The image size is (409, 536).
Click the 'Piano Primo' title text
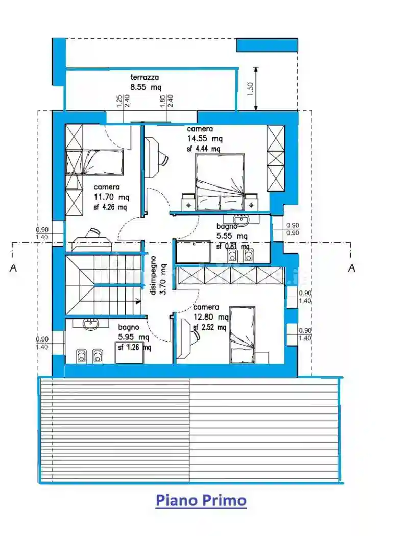pyautogui.click(x=201, y=500)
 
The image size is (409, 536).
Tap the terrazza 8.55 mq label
pyautogui.click(x=145, y=82)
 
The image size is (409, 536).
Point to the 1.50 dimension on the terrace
pyautogui.click(x=250, y=89)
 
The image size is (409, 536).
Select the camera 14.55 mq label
pyautogui.click(x=204, y=134)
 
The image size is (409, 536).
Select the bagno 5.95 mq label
pyautogui.click(x=134, y=332)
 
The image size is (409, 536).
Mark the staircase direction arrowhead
pyautogui.click(x=138, y=302)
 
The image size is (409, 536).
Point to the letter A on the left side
pyautogui.click(x=13, y=267)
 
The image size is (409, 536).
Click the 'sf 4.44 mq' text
pyautogui.click(x=203, y=149)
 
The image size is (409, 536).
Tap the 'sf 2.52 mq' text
pyautogui.click(x=209, y=327)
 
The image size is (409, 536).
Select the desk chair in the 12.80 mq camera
pyautogui.click(x=195, y=335)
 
